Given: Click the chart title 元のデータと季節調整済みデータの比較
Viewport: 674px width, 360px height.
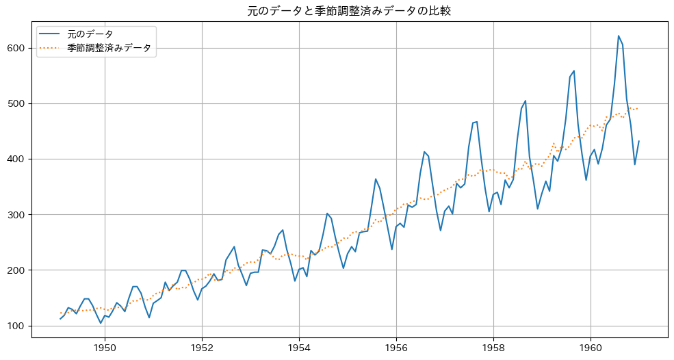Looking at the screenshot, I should (x=349, y=11).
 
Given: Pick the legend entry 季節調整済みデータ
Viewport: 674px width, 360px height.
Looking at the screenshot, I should (x=109, y=48).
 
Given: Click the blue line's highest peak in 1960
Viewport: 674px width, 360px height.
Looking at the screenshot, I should (x=619, y=36).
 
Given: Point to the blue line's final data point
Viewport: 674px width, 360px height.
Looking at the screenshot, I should (x=638, y=141).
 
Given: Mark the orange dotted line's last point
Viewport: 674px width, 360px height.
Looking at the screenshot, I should (x=638, y=108).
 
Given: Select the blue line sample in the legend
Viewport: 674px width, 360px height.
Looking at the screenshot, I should (x=50, y=34).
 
